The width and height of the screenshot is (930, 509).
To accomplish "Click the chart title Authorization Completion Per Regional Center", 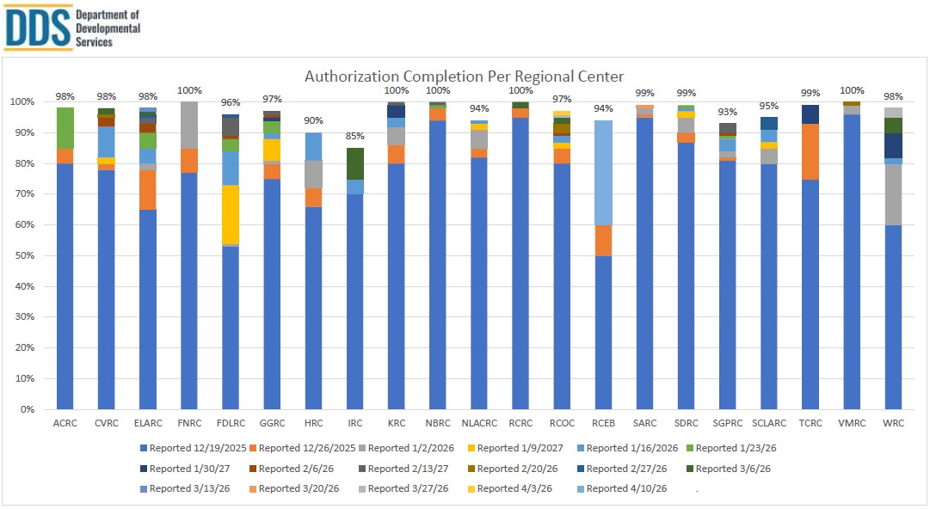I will click(x=465, y=77).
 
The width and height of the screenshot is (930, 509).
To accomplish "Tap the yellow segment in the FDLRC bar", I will click(x=231, y=215).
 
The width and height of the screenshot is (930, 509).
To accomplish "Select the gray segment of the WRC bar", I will click(x=895, y=194).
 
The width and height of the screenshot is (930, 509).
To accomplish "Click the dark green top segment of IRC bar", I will click(x=355, y=163).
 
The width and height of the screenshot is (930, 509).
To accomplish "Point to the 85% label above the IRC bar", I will click(x=355, y=136).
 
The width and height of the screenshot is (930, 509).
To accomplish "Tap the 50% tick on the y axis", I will click(x=24, y=256).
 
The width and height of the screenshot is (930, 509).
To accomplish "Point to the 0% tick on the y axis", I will click(x=27, y=410).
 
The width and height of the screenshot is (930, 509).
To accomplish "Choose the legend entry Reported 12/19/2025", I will click(x=197, y=448).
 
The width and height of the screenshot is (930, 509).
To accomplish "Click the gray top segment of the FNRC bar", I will click(x=189, y=125).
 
